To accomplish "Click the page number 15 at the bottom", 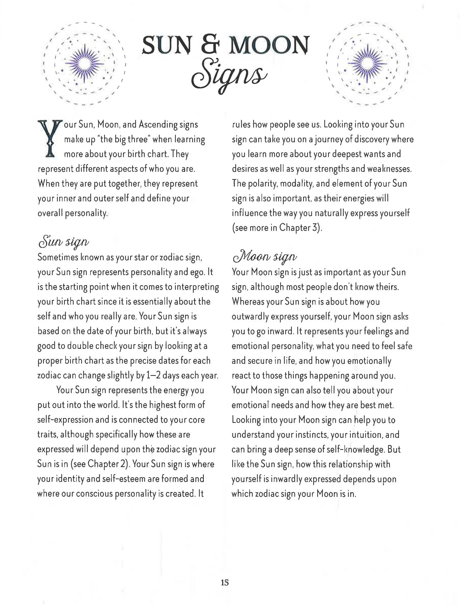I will click(x=224, y=582).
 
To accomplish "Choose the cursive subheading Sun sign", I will click(x=64, y=243).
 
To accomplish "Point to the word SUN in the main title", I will click(x=164, y=45).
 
